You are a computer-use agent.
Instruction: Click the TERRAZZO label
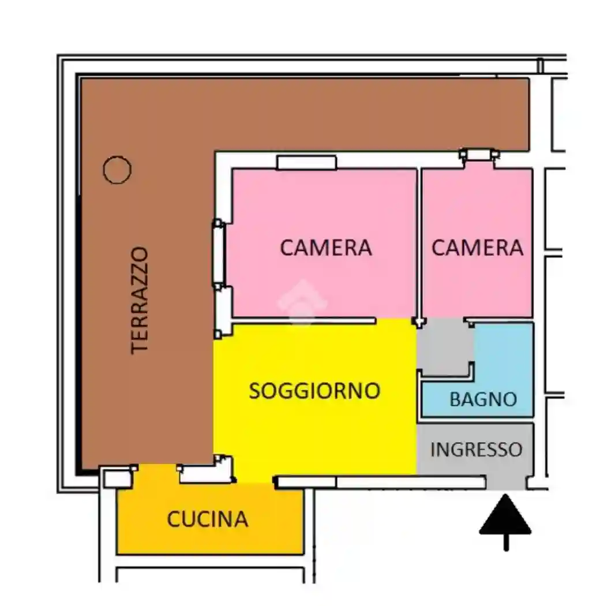140,300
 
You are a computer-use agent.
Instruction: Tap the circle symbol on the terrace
117,170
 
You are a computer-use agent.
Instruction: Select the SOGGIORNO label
314,391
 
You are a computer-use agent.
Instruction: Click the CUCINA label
208,519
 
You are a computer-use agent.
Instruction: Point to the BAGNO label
483,399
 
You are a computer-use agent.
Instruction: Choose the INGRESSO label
477,449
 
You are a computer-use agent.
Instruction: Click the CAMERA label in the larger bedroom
326,248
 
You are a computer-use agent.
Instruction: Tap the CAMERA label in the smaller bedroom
477,248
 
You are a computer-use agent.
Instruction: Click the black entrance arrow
505,519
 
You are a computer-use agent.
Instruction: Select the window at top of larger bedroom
306,163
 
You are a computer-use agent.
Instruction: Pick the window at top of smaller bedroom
479,155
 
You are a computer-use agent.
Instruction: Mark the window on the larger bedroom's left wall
219,254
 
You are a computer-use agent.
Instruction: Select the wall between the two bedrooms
419,242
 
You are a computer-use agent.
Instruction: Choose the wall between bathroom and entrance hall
476,420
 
